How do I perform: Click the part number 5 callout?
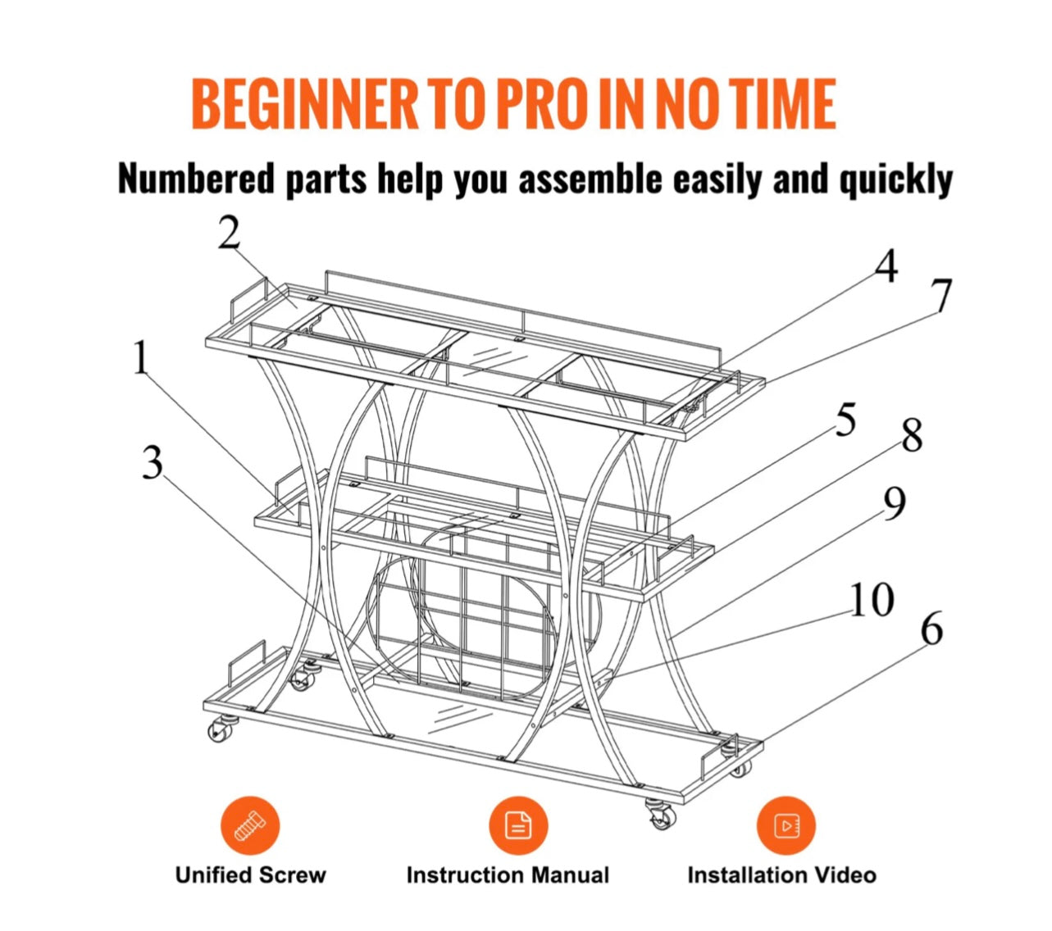tap(846, 419)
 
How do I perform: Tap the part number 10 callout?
tap(872, 598)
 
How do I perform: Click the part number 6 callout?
tap(932, 629)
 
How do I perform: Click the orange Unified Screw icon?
tap(250, 825)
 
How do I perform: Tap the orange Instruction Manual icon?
tap(518, 825)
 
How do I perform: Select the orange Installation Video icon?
tap(786, 825)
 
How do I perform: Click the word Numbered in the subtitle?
tap(195, 179)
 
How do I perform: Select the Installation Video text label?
tap(782, 875)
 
